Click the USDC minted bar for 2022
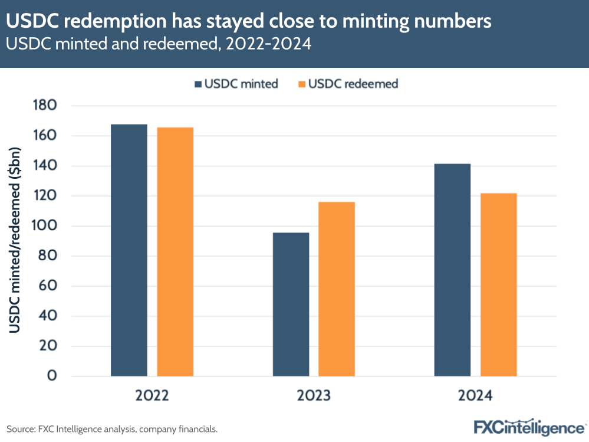(129, 250)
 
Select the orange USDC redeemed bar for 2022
(175, 252)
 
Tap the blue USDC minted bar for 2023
(291, 305)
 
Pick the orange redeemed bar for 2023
(337, 289)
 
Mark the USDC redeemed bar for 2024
(498, 284)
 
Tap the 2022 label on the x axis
(152, 396)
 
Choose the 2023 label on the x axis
(314, 396)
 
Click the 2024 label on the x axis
(475, 396)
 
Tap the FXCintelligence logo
(529, 427)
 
